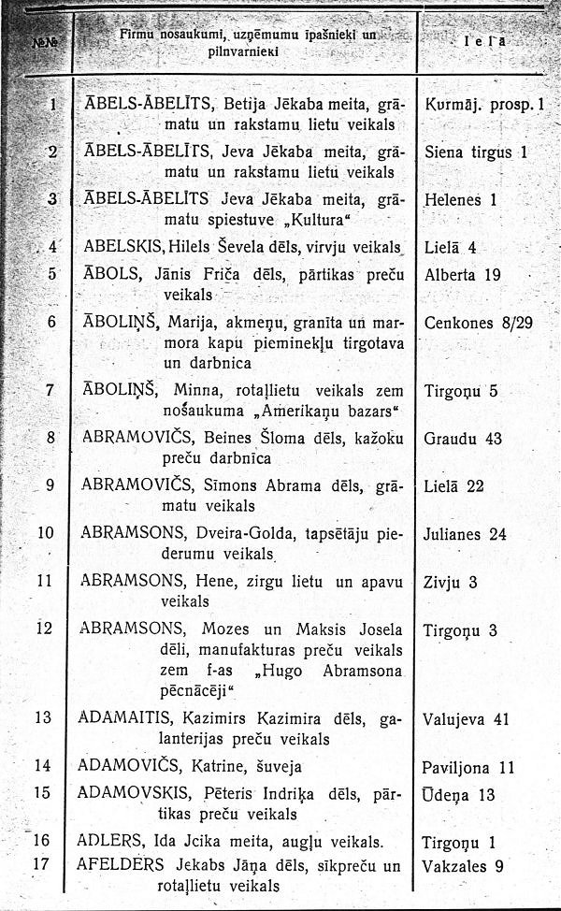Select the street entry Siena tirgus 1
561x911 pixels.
(476, 151)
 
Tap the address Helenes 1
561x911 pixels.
(460, 199)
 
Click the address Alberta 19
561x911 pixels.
(464, 275)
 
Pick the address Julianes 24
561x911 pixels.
(466, 535)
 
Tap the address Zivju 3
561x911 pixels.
(451, 582)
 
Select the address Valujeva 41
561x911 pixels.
(467, 719)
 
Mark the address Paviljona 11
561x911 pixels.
(468, 767)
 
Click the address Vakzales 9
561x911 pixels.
(464, 866)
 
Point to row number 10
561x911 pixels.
(45, 534)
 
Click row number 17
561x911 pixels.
(42, 864)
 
